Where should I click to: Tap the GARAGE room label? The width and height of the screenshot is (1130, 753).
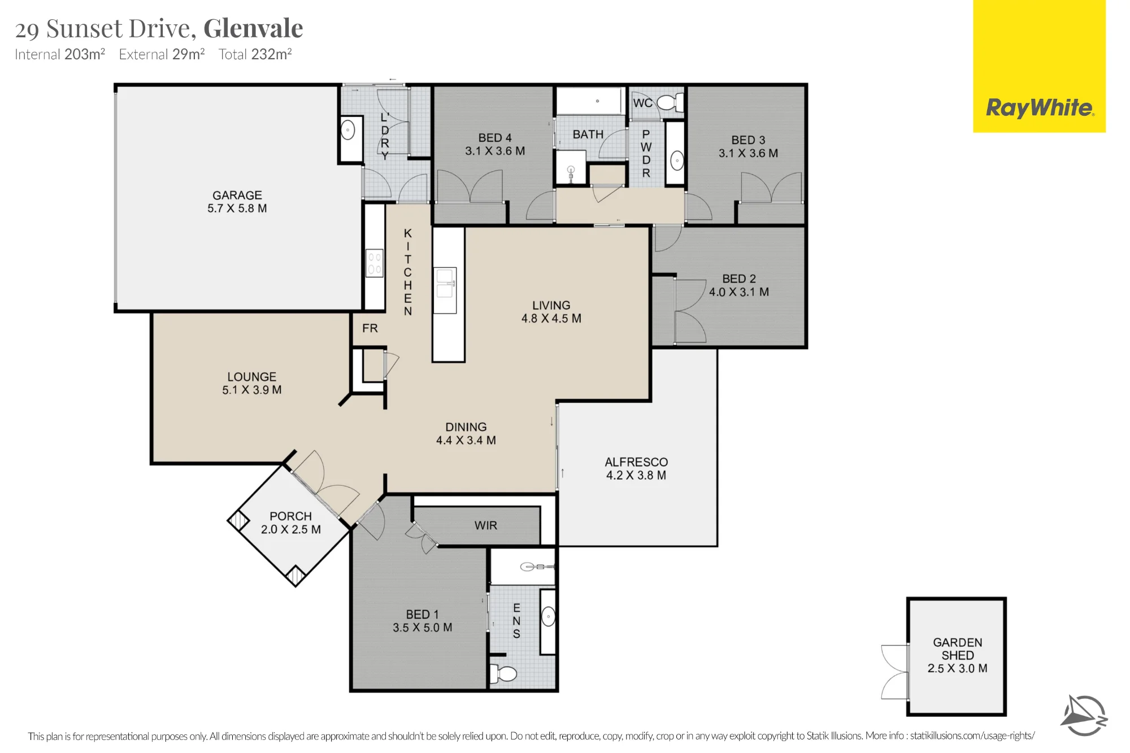pos(237,195)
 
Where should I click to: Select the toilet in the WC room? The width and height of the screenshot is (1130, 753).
pos(671,103)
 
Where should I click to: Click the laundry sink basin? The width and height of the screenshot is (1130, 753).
pos(348,130)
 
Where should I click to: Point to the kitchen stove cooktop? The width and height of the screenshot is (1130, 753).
pos(375,264)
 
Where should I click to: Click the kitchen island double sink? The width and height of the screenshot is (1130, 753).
pos(445,284)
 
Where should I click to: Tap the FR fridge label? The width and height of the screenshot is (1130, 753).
pos(370,328)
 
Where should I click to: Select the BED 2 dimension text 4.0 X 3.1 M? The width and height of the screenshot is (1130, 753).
pos(739,292)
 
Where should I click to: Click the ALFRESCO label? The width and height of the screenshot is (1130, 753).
pos(636,462)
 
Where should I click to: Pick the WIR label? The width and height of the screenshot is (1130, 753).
pos(486,525)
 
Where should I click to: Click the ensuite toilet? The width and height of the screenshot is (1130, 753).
pos(503,673)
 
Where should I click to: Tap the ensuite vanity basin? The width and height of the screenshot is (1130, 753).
pos(549,616)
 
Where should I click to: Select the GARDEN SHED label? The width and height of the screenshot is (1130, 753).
pos(958,649)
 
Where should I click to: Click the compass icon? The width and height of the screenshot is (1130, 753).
pos(1084,715)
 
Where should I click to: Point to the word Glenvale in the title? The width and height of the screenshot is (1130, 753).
pos(253,28)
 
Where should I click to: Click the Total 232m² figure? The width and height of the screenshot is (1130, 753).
pos(255,54)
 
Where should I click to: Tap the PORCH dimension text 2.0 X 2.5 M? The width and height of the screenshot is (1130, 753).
pos(291,529)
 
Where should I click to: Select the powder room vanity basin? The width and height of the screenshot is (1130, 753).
pos(677,161)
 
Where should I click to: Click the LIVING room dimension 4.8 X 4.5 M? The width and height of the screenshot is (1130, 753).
pos(551,319)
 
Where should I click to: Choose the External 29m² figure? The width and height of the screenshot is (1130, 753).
pos(162,54)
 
